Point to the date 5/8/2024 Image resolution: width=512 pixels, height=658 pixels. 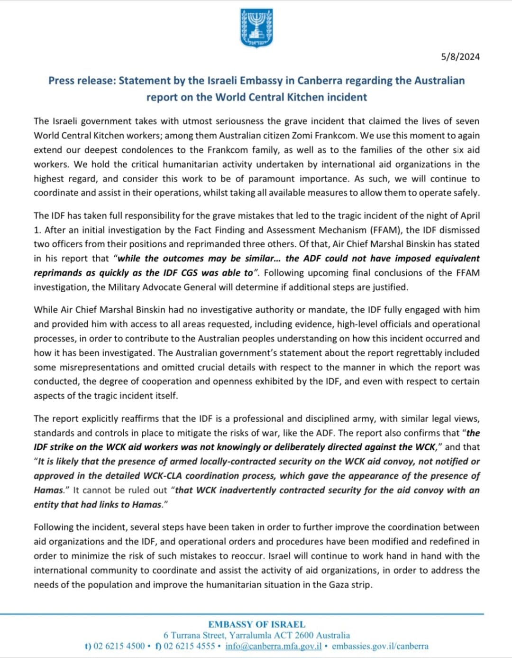click(460, 57)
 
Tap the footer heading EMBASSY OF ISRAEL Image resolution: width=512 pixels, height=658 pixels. click(256, 624)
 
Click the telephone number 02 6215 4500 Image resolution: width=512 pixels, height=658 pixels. click(119, 646)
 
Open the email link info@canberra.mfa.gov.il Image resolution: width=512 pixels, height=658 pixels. click(274, 646)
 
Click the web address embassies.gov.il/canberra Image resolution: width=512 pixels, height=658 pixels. click(380, 646)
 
